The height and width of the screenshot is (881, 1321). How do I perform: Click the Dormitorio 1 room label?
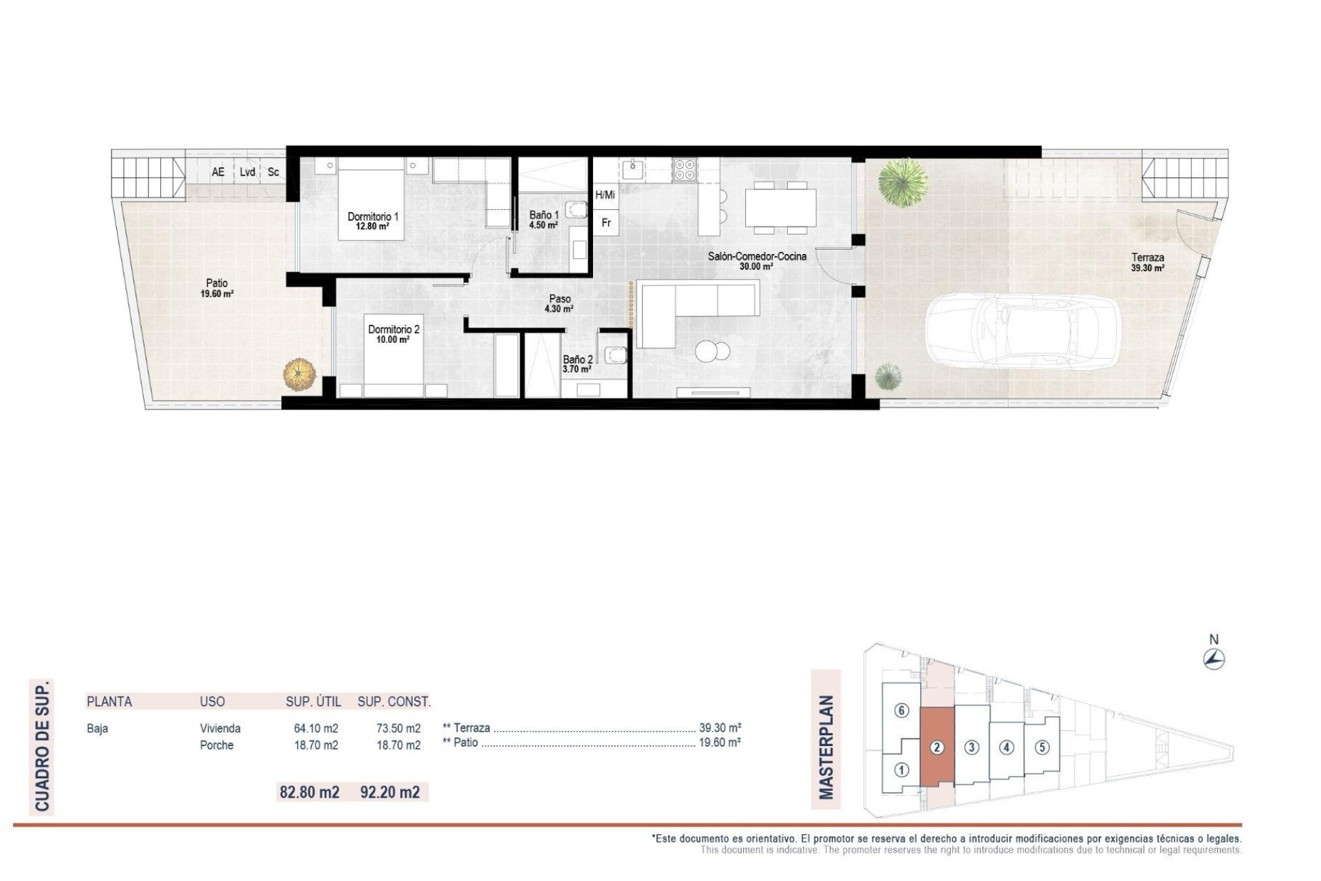(x=372, y=221)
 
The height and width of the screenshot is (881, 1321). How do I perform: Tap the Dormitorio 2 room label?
(x=393, y=335)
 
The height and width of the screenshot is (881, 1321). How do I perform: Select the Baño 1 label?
(x=544, y=220)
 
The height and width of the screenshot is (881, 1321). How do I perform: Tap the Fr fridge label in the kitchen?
(x=606, y=223)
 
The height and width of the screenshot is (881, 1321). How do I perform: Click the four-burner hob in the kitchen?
(x=685, y=169)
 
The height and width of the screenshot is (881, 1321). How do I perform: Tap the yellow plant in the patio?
(x=300, y=375)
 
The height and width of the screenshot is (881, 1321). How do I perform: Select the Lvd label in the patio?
(x=248, y=172)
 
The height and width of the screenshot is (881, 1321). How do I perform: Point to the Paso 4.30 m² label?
(x=559, y=304)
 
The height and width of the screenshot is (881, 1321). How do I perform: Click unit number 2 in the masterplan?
(x=936, y=747)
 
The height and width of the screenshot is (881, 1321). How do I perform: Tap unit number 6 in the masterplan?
(x=901, y=711)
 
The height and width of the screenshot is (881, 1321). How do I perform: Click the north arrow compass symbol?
(x=1214, y=659)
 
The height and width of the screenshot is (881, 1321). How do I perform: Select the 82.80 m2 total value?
(x=309, y=792)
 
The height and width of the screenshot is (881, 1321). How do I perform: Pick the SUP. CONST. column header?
(x=394, y=702)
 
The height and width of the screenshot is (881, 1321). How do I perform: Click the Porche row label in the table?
(x=217, y=745)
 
